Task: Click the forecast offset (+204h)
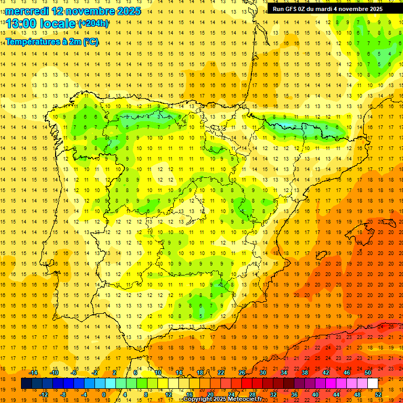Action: point(93,23)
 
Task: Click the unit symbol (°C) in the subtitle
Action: point(90,41)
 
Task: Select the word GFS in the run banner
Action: point(292,9)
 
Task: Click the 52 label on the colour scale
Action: point(378,395)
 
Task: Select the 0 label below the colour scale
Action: point(103,395)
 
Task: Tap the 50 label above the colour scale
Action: point(367,373)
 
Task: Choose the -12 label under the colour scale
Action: point(44,395)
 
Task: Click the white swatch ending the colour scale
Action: point(373,384)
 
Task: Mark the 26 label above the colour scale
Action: point(242,373)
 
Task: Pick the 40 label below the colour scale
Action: point(315,395)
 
